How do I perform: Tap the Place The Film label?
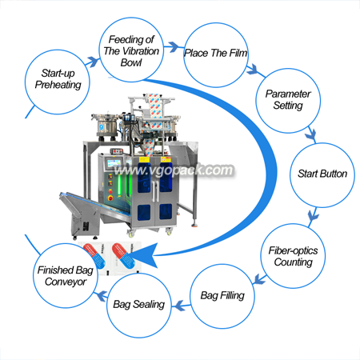tap(216, 53)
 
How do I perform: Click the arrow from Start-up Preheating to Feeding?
tap(92, 62)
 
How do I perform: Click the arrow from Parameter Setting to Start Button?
tap(311, 134)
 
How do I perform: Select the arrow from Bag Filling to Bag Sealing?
tap(181, 306)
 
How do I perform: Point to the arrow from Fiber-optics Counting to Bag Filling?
tap(258, 278)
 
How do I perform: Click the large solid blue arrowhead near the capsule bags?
tap(142, 255)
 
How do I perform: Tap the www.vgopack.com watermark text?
tap(174, 170)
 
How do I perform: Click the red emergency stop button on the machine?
tap(110, 198)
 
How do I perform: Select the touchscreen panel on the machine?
tap(114, 163)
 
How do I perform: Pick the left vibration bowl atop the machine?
tap(106, 125)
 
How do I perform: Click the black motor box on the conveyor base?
tap(86, 226)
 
